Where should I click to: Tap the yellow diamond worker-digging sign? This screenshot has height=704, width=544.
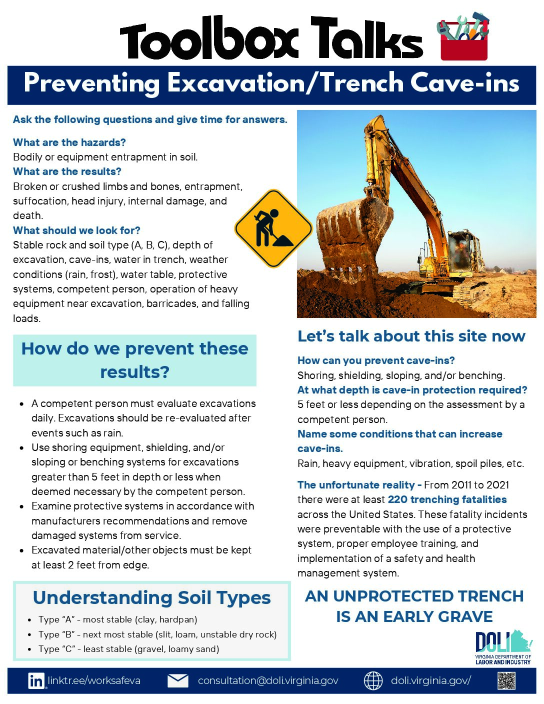click(273, 228)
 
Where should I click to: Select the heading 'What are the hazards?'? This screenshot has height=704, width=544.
click(69, 142)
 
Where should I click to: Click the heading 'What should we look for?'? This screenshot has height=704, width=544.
click(76, 230)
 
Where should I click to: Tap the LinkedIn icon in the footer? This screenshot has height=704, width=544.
click(36, 681)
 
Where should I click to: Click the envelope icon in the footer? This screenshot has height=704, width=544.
click(177, 681)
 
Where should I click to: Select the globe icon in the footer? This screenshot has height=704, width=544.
click(373, 681)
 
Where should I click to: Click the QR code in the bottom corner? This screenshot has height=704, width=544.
click(506, 681)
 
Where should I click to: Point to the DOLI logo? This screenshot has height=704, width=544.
click(502, 647)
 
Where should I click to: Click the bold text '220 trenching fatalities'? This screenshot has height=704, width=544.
click(447, 499)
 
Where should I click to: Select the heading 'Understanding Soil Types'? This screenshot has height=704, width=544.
click(151, 598)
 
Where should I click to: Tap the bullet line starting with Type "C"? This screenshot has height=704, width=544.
click(128, 649)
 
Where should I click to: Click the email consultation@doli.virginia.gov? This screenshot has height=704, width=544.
click(268, 681)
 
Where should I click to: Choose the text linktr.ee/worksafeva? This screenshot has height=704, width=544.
click(94, 681)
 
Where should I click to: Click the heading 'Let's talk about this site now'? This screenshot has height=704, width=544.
click(411, 336)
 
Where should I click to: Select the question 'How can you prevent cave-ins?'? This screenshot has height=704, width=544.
click(376, 360)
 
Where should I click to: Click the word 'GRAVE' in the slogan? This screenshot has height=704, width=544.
click(464, 616)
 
